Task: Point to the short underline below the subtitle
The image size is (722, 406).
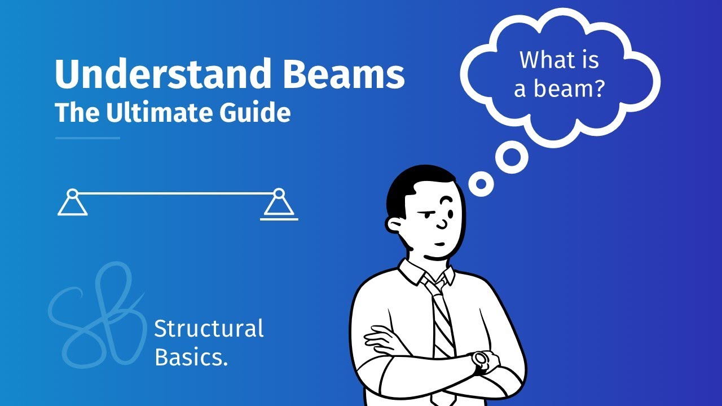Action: [x=87, y=138]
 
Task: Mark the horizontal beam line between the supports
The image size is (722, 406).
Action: [x=175, y=193]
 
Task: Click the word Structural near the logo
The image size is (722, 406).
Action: [x=209, y=328]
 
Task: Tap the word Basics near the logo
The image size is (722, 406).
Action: [x=191, y=358]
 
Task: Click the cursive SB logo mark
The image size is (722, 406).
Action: [x=96, y=316]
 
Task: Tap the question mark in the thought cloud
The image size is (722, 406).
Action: [x=597, y=89]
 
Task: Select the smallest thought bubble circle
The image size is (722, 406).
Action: [x=481, y=184]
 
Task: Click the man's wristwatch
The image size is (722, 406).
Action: [x=482, y=360]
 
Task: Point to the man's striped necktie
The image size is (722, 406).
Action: [x=443, y=319]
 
